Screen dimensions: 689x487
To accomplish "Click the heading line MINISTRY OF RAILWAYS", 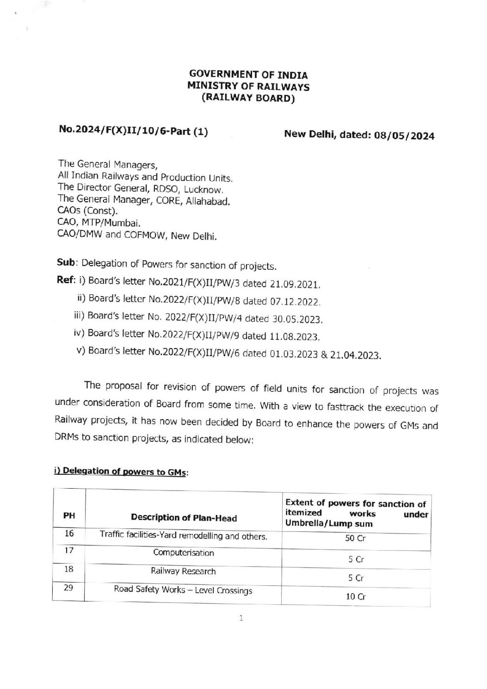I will tap(248, 87).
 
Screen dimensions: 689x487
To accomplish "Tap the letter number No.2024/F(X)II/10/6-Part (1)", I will tap(133, 132).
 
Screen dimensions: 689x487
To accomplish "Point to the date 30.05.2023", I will tap(299, 319).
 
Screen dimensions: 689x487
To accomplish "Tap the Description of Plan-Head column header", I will tap(184, 517).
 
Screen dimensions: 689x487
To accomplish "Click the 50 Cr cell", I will tap(356, 539).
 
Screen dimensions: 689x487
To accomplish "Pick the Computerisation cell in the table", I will tap(184, 553).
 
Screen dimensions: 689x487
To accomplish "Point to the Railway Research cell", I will tap(183, 571).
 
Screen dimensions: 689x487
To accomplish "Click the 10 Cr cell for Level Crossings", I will tap(355, 597).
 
